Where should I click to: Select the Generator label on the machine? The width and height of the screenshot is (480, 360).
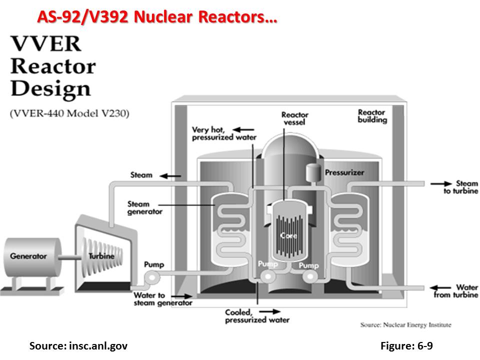pyautogui.click(x=28, y=256)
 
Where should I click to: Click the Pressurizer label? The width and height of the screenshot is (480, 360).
pyautogui.click(x=344, y=173)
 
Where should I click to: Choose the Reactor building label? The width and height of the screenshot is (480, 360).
pyautogui.click(x=372, y=116)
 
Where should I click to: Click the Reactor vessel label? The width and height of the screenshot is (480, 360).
pyautogui.click(x=294, y=118)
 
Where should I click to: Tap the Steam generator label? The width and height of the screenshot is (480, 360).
pyautogui.click(x=145, y=207)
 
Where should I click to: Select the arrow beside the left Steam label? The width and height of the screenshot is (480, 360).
pyautogui.click(x=174, y=175)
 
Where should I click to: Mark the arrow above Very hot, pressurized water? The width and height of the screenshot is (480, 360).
pyautogui.click(x=244, y=128)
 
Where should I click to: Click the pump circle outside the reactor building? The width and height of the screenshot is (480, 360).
pyautogui.click(x=150, y=276)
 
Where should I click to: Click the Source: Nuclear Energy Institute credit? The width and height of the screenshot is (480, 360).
pyautogui.click(x=405, y=325)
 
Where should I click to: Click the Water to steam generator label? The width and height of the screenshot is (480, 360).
pyautogui.click(x=162, y=299)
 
